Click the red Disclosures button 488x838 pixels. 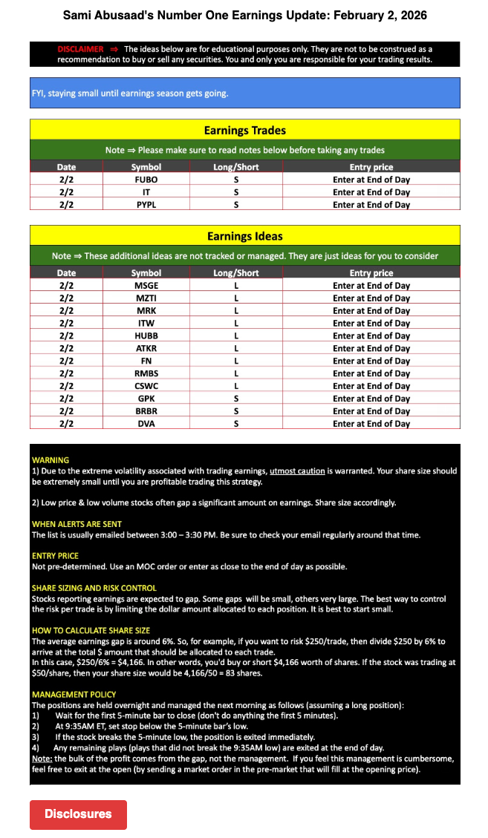point(78,814)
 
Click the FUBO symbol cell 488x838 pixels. point(146,180)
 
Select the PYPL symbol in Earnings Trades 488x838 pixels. point(146,205)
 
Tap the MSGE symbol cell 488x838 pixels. point(146,286)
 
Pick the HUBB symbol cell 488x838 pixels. point(146,335)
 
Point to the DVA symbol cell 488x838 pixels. point(146,424)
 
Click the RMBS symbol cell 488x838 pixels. point(146,373)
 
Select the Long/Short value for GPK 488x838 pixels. point(235,399)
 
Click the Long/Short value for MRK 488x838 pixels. point(235,311)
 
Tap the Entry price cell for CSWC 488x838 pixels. point(371,386)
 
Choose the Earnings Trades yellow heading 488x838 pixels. point(244,131)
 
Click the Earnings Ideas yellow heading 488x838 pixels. point(244,237)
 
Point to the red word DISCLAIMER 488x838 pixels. point(80,49)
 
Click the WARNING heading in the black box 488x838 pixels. point(51,460)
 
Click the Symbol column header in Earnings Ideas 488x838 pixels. point(146,273)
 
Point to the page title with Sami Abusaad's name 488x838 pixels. point(244,16)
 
